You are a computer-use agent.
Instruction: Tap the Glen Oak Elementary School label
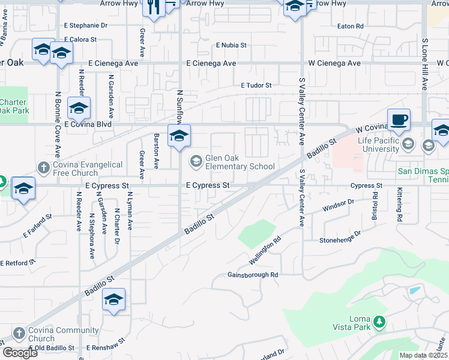click(240, 162)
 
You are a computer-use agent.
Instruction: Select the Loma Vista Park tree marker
click(379, 322)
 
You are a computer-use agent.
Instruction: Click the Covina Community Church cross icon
click(19, 333)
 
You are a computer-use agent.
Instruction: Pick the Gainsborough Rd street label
click(253, 275)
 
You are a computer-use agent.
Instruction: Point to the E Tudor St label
click(256, 85)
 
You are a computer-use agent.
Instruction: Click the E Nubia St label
click(231, 45)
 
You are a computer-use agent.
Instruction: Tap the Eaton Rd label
click(351, 26)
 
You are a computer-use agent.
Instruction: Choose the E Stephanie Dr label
click(85, 26)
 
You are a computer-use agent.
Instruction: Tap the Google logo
click(20, 353)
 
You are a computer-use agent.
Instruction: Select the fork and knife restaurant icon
click(154, 7)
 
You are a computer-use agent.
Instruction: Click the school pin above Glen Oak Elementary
click(179, 137)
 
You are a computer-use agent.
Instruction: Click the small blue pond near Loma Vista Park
click(414, 290)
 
